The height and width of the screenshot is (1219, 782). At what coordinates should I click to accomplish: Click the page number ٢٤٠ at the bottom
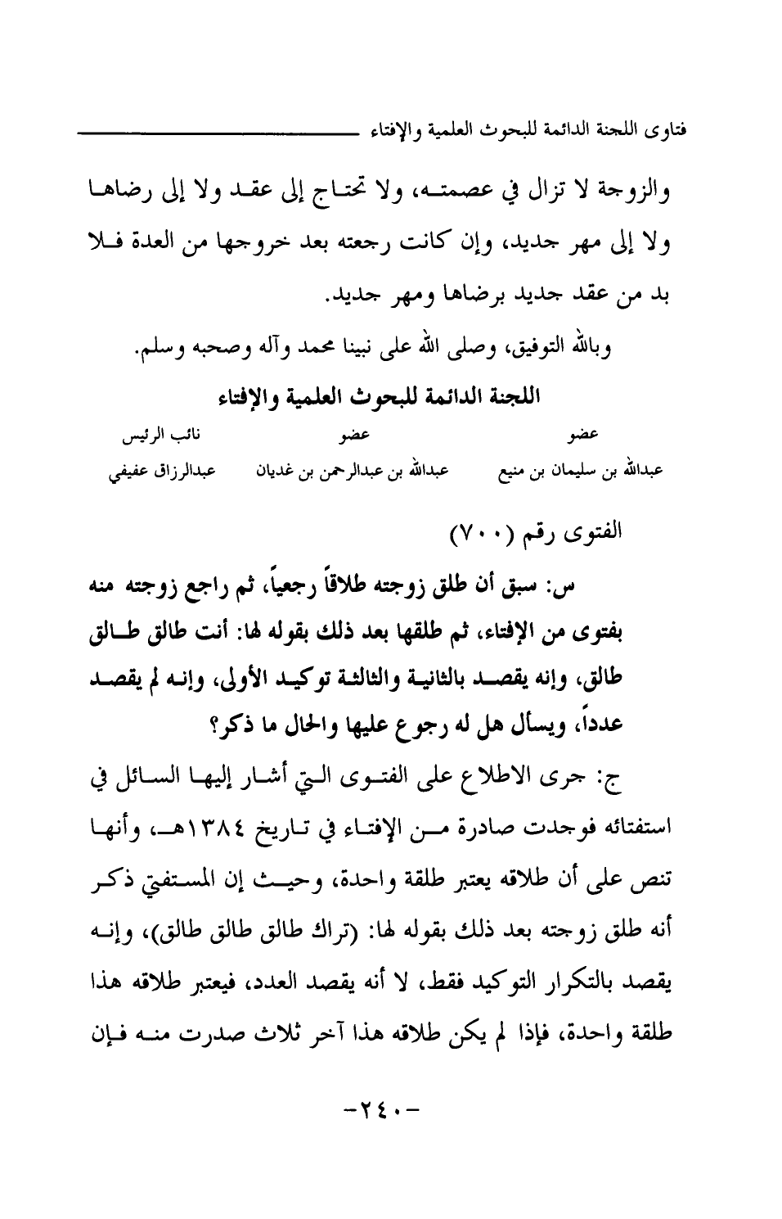click(x=382, y=1113)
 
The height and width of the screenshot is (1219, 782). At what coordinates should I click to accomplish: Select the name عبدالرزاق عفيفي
click(x=158, y=472)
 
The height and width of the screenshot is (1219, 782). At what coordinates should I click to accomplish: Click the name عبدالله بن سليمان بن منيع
click(x=582, y=472)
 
